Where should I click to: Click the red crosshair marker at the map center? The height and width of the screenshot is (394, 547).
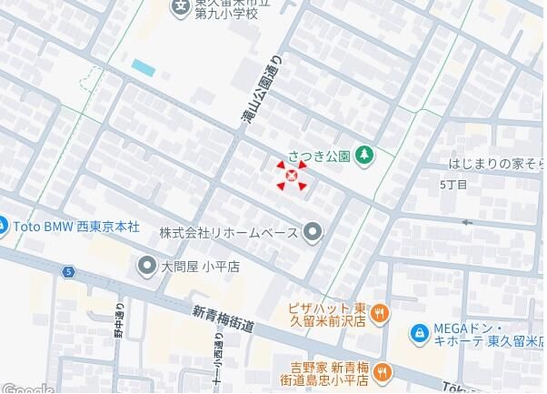coord(291,176)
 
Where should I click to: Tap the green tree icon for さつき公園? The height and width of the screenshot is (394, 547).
coord(363,155)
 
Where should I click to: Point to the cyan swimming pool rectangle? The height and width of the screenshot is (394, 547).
coord(144,66)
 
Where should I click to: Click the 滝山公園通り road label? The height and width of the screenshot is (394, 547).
coord(257,89)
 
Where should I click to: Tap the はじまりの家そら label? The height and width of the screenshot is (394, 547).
coord(496,165)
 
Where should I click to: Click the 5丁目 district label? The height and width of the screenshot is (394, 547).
coord(453,185)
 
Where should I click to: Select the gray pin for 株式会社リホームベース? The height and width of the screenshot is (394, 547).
coord(313,233)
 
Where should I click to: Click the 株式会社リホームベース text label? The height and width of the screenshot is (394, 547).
coord(228,233)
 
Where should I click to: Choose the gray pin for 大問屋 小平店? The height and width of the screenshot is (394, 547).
coord(146,267)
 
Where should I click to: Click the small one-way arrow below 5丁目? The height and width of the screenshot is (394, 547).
coord(468,221)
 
